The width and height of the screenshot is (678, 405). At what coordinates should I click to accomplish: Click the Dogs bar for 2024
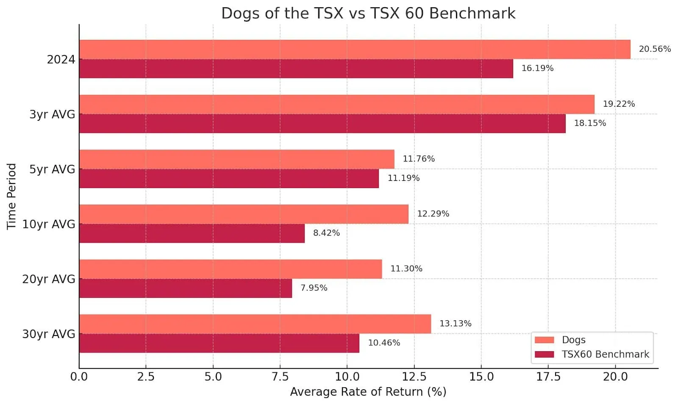pyautogui.click(x=354, y=50)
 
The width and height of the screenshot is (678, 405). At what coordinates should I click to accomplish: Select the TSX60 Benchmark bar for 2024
pyautogui.click(x=296, y=69)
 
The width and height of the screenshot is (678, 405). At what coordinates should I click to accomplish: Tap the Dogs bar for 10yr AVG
pyautogui.click(x=244, y=214)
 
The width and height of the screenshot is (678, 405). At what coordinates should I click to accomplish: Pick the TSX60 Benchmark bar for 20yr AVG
pyautogui.click(x=185, y=288)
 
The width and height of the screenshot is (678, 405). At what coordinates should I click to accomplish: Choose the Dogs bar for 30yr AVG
pyautogui.click(x=255, y=324)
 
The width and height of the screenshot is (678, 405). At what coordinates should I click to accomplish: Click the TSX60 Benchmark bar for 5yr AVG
pyautogui.click(x=229, y=178)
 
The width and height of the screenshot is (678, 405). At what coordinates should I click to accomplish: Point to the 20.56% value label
pyautogui.click(x=655, y=49)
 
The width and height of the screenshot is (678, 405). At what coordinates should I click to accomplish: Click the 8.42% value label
pyautogui.click(x=326, y=233)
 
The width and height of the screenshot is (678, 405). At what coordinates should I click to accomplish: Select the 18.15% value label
pyautogui.click(x=590, y=123)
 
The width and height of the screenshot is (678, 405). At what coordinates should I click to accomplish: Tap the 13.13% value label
pyautogui.click(x=455, y=324)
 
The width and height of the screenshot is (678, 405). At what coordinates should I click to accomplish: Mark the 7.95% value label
pyautogui.click(x=314, y=288)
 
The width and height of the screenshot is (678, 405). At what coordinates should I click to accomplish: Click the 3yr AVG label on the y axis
pyautogui.click(x=52, y=114)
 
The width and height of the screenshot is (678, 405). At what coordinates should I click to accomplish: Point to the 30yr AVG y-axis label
pyautogui.click(x=49, y=334)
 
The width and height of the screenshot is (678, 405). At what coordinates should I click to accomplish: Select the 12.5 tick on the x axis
pyautogui.click(x=414, y=377)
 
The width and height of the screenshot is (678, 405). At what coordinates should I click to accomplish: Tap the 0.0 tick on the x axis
pyautogui.click(x=79, y=377)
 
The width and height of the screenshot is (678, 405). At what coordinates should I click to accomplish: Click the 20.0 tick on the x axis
pyautogui.click(x=615, y=377)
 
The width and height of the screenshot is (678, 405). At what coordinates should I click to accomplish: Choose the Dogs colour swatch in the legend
pyautogui.click(x=544, y=340)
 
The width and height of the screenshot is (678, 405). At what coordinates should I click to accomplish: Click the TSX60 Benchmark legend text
pyautogui.click(x=605, y=354)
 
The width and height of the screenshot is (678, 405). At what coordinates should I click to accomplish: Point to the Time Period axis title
pyautogui.click(x=11, y=197)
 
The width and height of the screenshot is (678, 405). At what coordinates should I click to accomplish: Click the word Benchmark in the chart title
pyautogui.click(x=472, y=14)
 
